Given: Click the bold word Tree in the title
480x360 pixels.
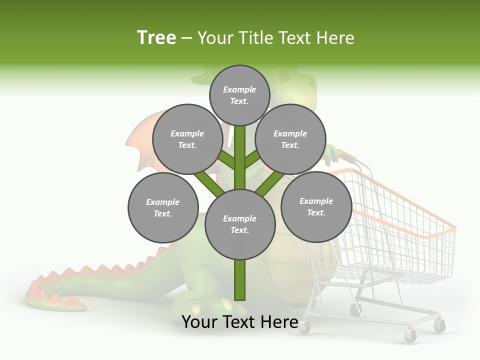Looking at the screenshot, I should click(x=156, y=37).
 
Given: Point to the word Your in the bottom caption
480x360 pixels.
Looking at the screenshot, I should click(x=199, y=322).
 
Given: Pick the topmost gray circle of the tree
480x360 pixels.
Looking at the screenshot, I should click(x=239, y=95).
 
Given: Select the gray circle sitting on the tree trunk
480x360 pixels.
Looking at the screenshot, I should click(x=240, y=224).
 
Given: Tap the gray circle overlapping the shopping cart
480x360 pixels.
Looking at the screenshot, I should click(x=316, y=207).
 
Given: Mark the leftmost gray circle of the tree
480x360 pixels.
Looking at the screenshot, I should click(x=163, y=208).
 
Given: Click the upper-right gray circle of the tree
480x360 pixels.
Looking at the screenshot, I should click(x=290, y=139).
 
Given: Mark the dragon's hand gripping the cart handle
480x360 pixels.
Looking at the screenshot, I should click(x=332, y=155).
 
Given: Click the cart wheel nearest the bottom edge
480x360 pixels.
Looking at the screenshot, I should click(x=410, y=336).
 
